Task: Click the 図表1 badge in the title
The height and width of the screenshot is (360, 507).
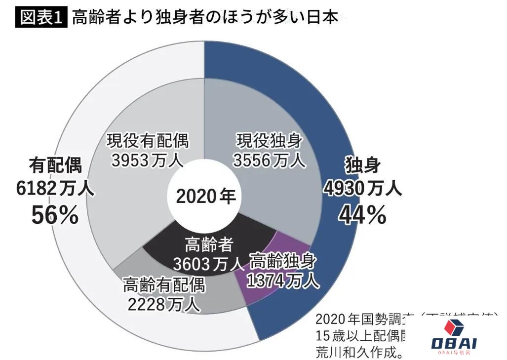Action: [x=41, y=17]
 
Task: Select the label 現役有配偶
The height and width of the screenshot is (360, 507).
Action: [x=148, y=141]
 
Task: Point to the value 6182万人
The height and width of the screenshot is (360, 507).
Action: [x=55, y=188]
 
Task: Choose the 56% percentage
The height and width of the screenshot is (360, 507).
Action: [x=55, y=214]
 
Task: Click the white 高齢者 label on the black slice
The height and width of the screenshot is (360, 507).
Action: [x=208, y=244]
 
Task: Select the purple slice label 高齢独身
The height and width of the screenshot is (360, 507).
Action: [x=283, y=260]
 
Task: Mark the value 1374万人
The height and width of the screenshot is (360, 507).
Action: [x=282, y=280]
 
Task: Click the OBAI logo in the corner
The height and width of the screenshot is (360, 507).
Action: [x=454, y=336]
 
